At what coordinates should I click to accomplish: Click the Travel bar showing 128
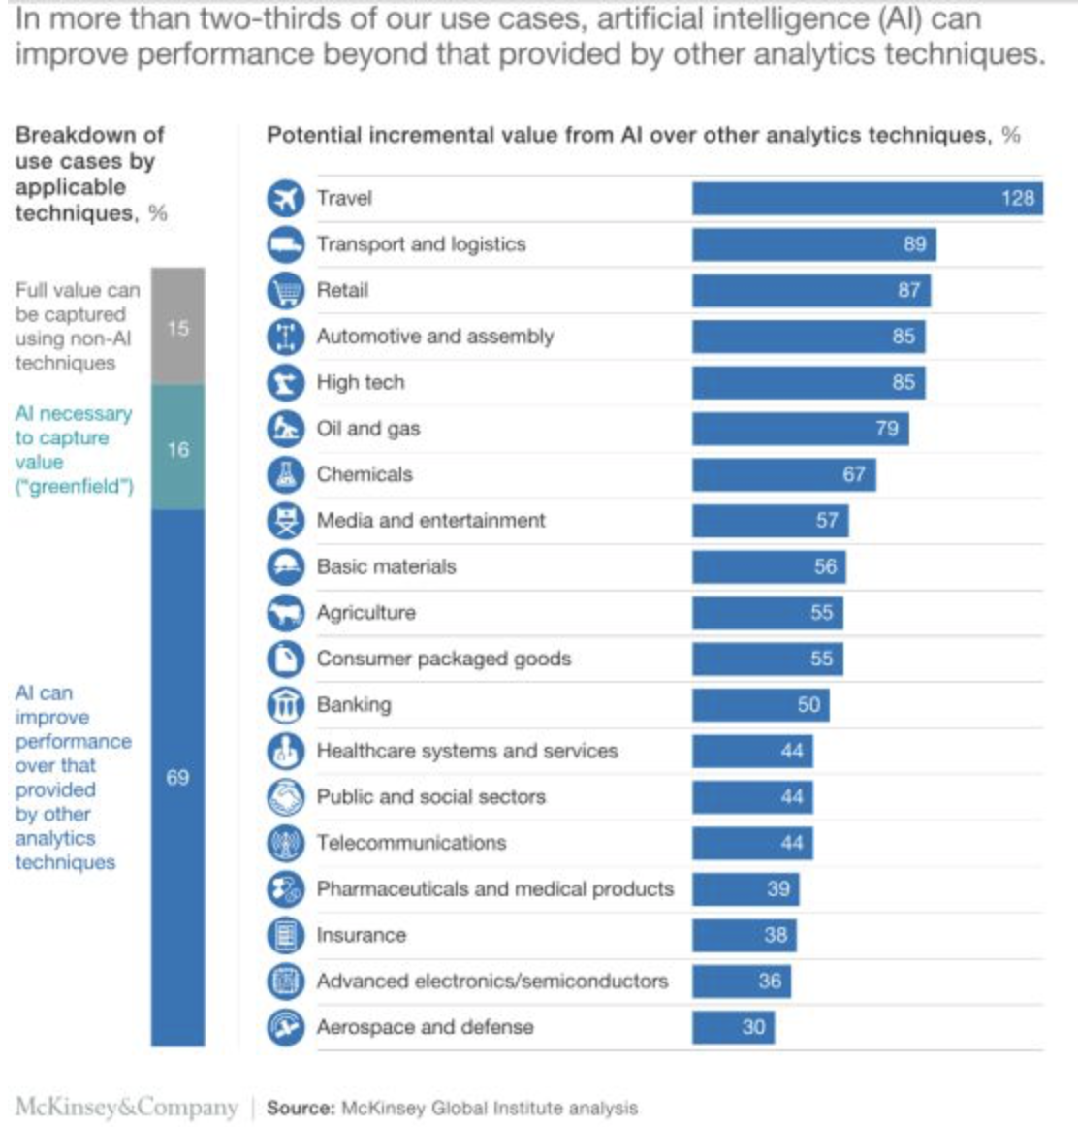(867, 198)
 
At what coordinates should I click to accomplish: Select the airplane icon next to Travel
(285, 198)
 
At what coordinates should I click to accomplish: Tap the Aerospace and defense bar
(733, 1027)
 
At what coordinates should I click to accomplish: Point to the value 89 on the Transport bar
(914, 244)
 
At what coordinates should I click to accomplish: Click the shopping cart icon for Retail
(285, 290)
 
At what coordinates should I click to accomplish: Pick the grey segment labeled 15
(177, 327)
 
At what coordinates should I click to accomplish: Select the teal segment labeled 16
(177, 448)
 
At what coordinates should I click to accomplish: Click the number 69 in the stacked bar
(177, 777)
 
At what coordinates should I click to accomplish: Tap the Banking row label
(354, 704)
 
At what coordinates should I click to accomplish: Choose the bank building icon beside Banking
(285, 705)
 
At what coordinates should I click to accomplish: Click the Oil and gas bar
(800, 428)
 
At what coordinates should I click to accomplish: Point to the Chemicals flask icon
(285, 474)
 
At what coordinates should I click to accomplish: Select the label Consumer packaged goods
(443, 659)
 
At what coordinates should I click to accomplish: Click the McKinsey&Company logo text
(126, 1107)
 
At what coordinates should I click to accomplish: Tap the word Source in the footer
(301, 1108)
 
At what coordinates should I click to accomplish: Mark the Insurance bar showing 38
(744, 935)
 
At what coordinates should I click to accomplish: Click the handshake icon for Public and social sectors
(285, 797)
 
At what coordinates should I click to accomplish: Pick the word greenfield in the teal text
(75, 486)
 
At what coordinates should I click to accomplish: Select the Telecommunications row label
(411, 843)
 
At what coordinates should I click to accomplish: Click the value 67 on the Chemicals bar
(853, 474)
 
